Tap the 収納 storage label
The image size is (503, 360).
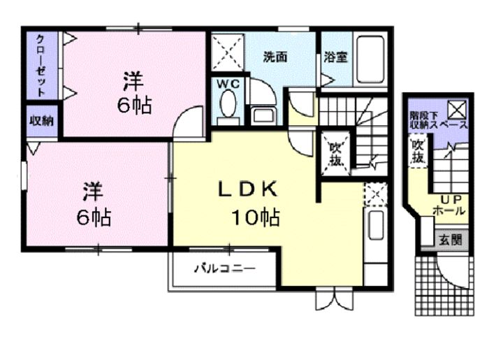click(x=41, y=121)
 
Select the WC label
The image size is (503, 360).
click(x=228, y=85)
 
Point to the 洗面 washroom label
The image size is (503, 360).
click(x=275, y=57)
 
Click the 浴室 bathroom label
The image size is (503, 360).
click(x=336, y=57)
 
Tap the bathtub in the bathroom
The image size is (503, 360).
click(x=370, y=58)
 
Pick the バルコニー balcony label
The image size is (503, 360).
click(x=224, y=268)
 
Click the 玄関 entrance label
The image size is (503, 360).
click(x=450, y=240)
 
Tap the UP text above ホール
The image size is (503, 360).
click(x=449, y=197)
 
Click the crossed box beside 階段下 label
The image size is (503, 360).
click(x=457, y=109)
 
